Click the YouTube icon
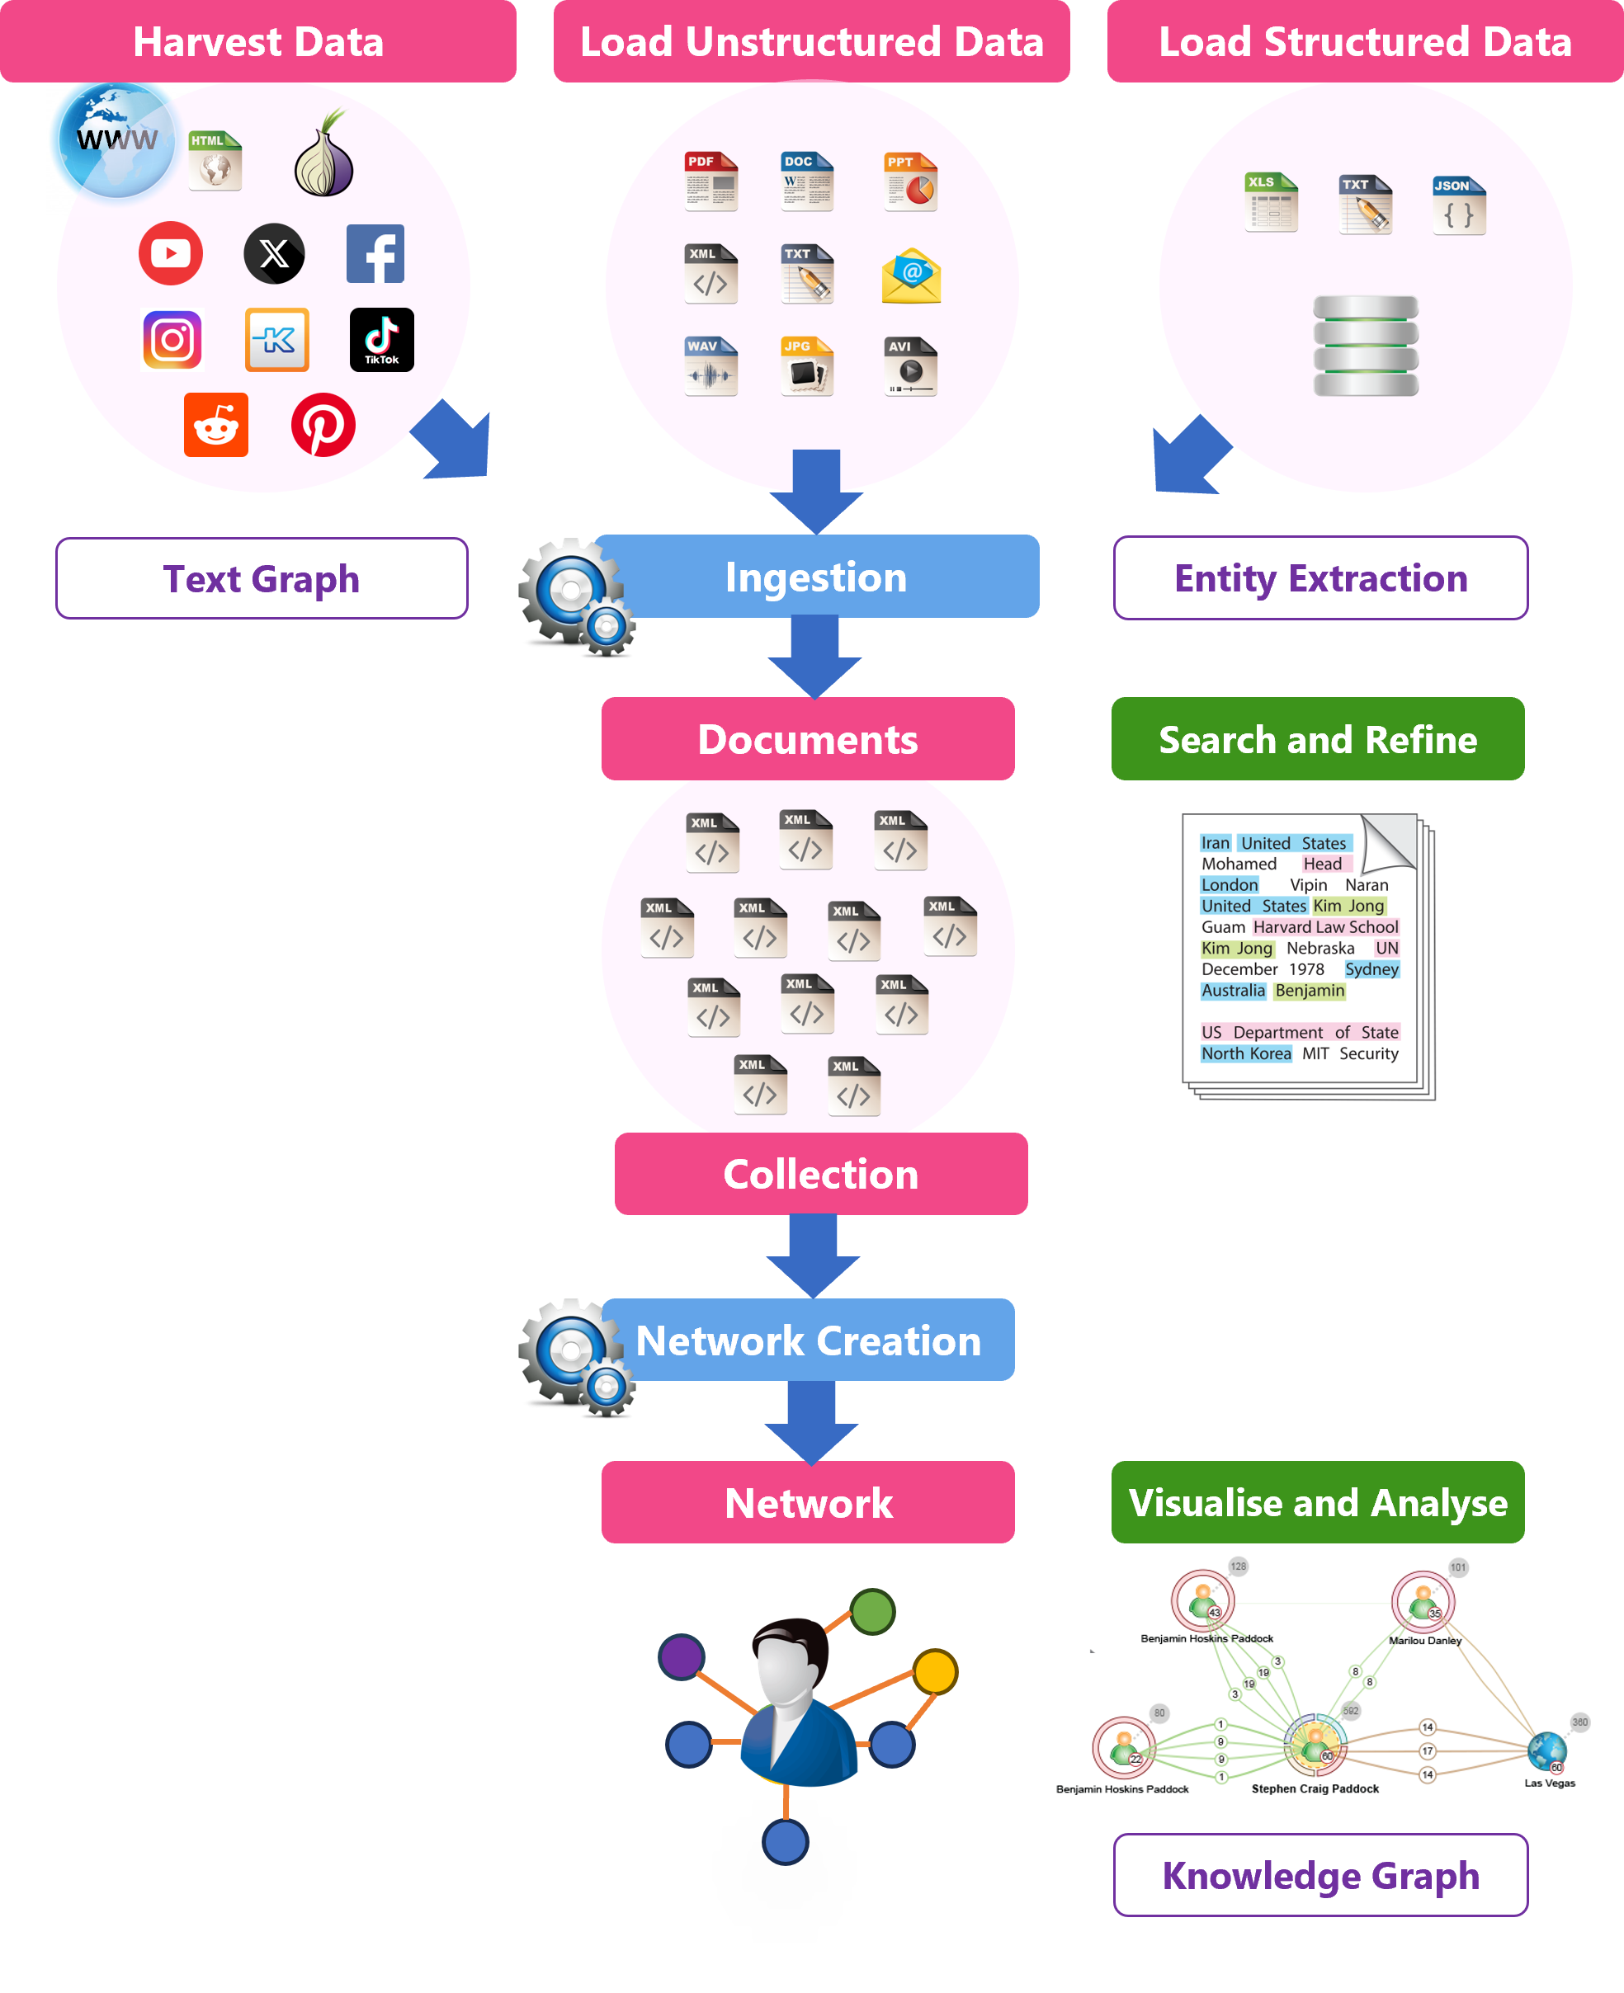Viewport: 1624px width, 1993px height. [170, 252]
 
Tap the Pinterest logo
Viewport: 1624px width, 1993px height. [323, 425]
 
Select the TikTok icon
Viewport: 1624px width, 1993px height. [382, 340]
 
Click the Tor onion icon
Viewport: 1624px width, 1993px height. [323, 155]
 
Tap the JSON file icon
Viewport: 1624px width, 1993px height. [1458, 205]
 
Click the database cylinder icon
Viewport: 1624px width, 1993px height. [1365, 346]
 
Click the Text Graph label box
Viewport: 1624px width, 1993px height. [262, 579]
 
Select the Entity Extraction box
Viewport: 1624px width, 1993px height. [1320, 579]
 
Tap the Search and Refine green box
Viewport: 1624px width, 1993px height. [1317, 740]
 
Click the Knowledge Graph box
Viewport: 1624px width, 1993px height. [1320, 1875]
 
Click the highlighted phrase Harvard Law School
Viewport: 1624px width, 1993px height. [1324, 927]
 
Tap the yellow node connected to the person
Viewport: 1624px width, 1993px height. [935, 1672]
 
